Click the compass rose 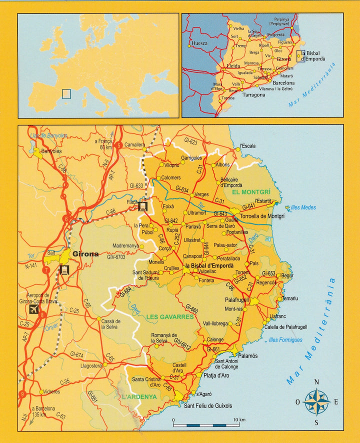(x=316, y=401)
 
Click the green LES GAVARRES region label (x=170, y=317)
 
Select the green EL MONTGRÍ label (x=251, y=191)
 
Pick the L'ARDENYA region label (x=139, y=396)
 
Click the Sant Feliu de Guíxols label (x=208, y=405)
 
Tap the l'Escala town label (x=248, y=146)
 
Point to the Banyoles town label (x=51, y=151)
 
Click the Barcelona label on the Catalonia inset (x=283, y=82)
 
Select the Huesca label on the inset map (x=199, y=43)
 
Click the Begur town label (x=287, y=275)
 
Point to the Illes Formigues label (x=285, y=340)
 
